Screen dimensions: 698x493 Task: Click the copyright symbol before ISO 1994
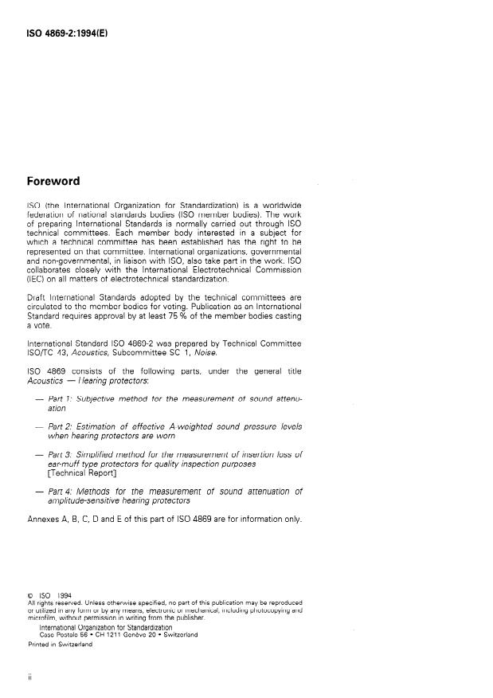(x=29, y=594)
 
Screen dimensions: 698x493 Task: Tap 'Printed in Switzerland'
(x=60, y=645)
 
